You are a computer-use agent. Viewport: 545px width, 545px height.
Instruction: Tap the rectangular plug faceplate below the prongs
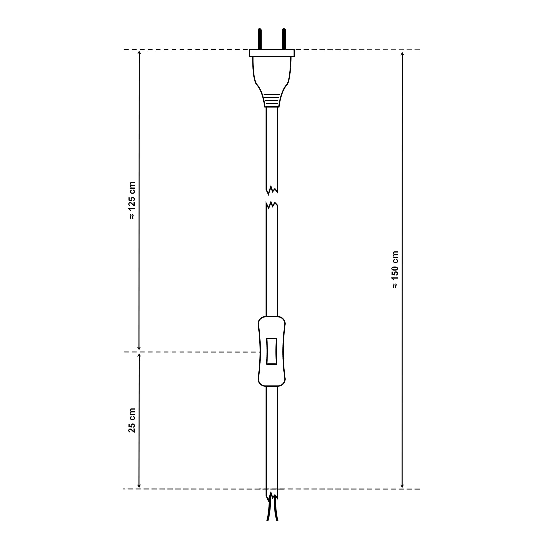(x=272, y=53)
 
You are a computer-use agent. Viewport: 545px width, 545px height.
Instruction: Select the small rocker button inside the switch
(x=272, y=351)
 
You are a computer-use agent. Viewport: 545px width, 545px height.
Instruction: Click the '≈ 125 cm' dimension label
(x=132, y=201)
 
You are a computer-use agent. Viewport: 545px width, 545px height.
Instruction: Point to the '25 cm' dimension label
(x=132, y=420)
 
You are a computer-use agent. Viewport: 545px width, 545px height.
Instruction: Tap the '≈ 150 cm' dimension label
(x=395, y=270)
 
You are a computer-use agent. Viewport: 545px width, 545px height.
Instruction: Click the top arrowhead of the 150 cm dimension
(x=402, y=53)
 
